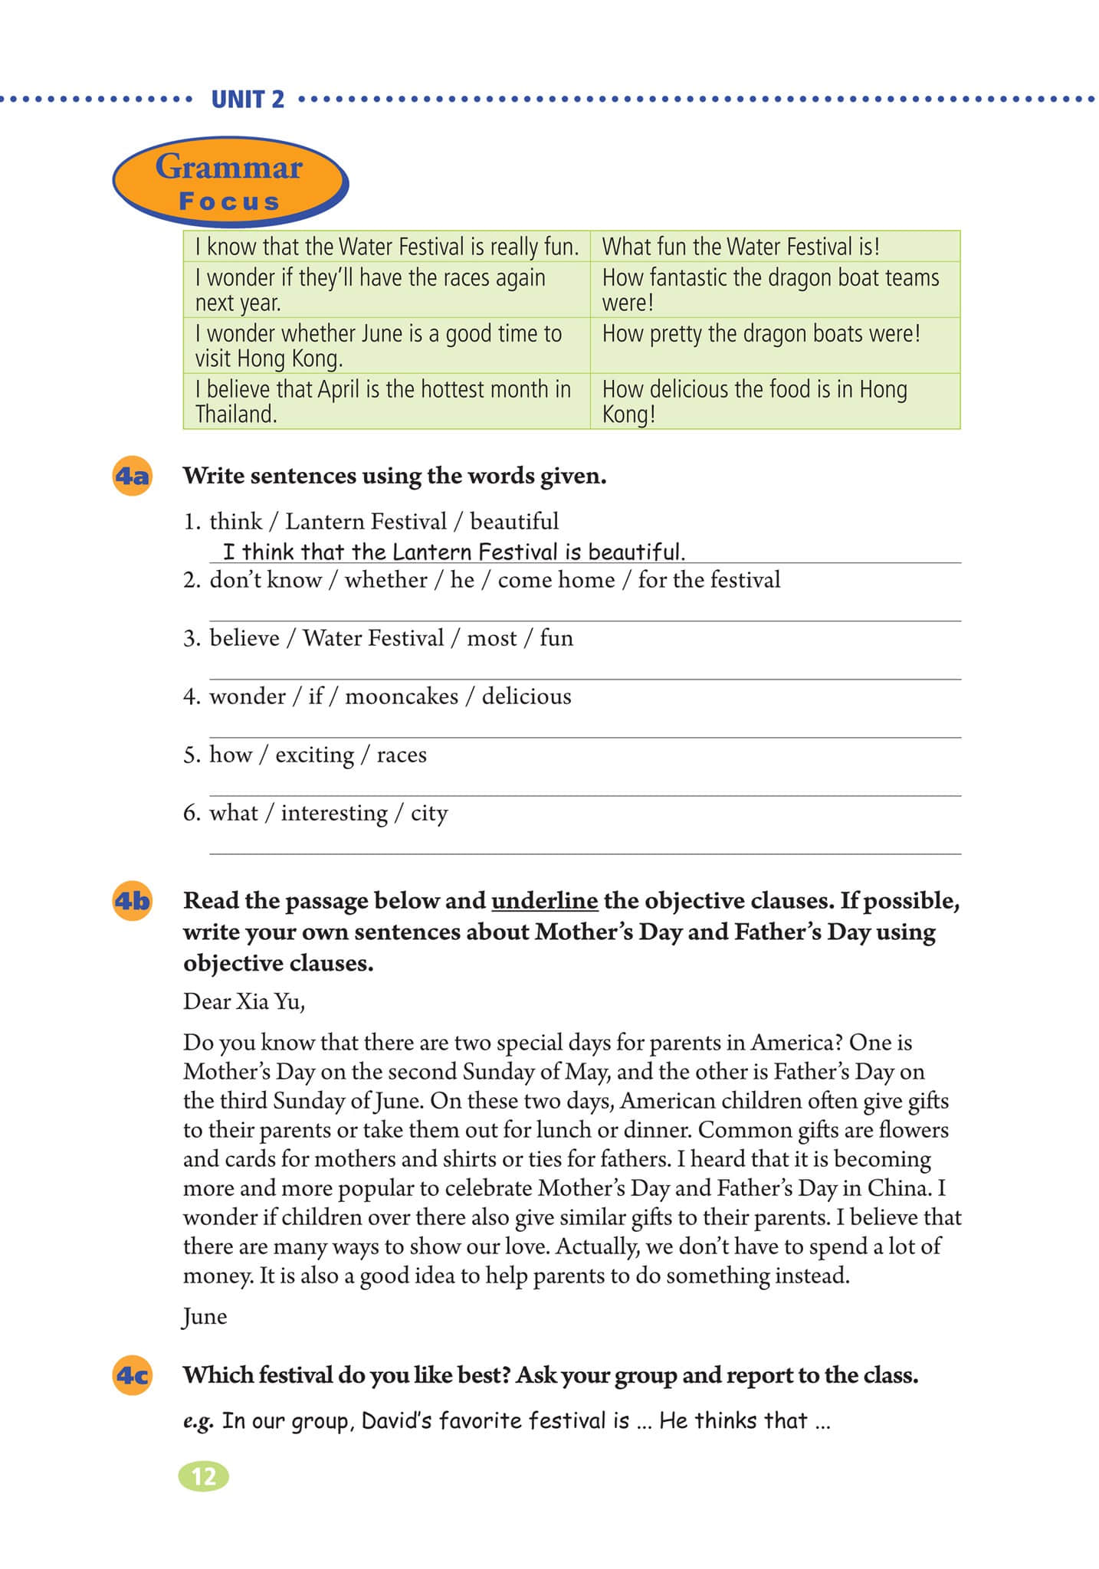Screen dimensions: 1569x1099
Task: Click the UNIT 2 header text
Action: (x=248, y=100)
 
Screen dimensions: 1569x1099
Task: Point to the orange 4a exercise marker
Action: (x=132, y=477)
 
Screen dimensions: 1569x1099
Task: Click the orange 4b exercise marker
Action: (x=132, y=901)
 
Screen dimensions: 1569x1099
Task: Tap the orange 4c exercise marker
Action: (x=132, y=1375)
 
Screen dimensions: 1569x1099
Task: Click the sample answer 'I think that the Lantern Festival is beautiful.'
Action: (x=454, y=552)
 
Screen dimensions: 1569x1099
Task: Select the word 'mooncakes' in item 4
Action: (x=402, y=696)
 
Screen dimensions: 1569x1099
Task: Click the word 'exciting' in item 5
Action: (x=314, y=755)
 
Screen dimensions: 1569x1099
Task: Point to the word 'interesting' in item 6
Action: (x=334, y=813)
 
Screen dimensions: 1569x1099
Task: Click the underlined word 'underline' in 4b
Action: (x=544, y=901)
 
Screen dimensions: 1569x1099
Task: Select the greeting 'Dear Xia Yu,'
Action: (x=244, y=1001)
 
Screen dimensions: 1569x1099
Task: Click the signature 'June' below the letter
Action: (x=205, y=1317)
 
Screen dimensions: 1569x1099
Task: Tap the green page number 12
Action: (x=203, y=1476)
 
